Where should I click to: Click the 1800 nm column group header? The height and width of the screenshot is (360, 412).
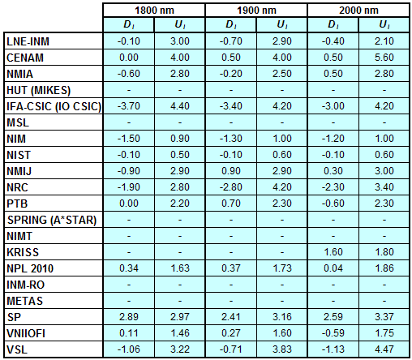tap(154, 11)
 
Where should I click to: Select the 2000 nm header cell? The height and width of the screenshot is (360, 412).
tap(358, 11)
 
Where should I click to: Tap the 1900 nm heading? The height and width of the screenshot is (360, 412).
tap(256, 11)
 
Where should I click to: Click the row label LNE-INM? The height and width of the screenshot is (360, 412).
tap(28, 41)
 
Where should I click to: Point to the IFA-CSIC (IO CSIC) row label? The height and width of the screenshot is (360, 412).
tap(54, 106)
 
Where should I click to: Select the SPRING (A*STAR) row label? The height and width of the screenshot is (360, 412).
tap(52, 220)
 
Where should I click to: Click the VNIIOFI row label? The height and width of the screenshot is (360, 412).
tap(26, 333)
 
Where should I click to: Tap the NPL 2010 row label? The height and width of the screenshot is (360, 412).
tap(30, 268)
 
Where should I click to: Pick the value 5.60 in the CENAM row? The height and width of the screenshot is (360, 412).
tap(384, 58)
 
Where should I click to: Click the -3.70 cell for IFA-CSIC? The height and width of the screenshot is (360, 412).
tap(129, 106)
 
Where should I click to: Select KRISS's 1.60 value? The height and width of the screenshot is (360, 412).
tap(333, 252)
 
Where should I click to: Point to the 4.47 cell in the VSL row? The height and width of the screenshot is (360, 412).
tap(384, 349)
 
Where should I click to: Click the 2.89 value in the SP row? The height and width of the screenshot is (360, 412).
tap(129, 317)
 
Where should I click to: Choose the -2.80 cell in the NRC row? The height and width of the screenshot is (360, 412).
tap(231, 187)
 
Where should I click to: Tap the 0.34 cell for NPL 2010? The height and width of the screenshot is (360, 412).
tap(129, 268)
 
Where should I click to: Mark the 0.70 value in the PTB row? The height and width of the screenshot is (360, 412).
tap(231, 204)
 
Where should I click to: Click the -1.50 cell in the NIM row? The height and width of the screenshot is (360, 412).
tap(129, 139)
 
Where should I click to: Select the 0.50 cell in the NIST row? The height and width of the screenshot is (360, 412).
tap(180, 155)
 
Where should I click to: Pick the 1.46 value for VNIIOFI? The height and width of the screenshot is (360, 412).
tap(180, 333)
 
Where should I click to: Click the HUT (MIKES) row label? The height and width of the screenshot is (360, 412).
tap(38, 90)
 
